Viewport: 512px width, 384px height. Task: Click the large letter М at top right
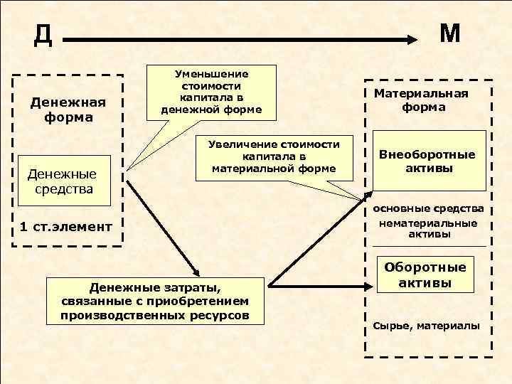point(450,33)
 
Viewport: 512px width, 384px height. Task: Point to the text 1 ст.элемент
point(67,227)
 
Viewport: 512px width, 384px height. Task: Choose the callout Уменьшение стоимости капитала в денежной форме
point(211,92)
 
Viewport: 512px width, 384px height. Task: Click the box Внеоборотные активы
point(427,161)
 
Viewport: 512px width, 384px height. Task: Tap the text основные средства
point(428,208)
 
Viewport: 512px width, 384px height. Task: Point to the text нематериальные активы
point(429,228)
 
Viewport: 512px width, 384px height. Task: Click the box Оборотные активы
point(426,274)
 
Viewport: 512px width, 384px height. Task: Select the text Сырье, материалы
point(427,326)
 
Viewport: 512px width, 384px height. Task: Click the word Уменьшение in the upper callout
point(211,74)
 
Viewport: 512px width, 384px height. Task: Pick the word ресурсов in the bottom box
point(224,314)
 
